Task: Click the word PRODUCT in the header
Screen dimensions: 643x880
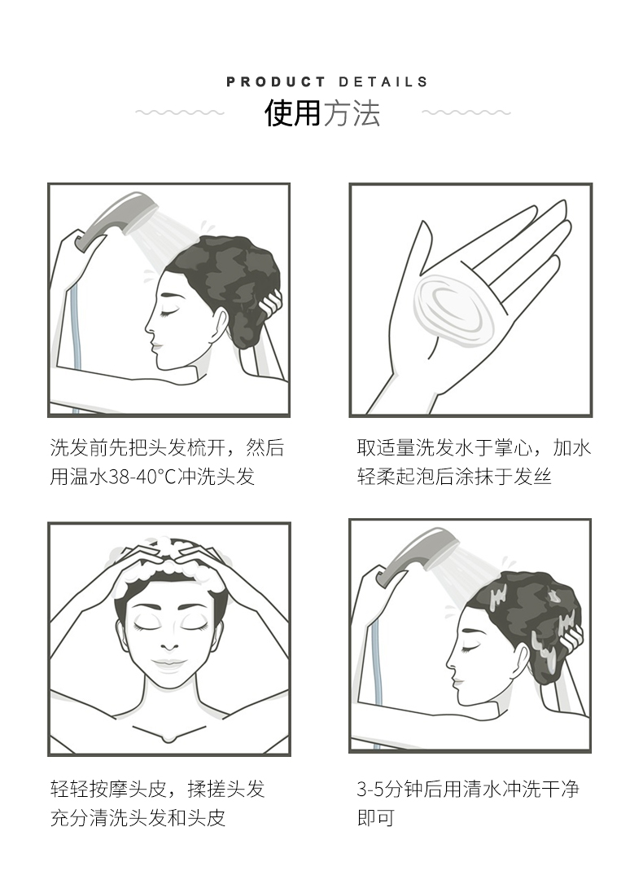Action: pos(275,82)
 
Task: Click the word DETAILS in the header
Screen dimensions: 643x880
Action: pos(383,82)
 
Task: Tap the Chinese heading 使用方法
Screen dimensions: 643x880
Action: pos(322,113)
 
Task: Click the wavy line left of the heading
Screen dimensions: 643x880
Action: pos(179,112)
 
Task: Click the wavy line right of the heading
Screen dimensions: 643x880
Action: pos(466,112)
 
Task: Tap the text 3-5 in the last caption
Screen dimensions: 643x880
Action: pos(370,789)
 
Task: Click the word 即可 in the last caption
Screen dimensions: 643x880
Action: pos(376,818)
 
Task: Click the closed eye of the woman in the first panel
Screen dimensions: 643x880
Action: pos(168,312)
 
